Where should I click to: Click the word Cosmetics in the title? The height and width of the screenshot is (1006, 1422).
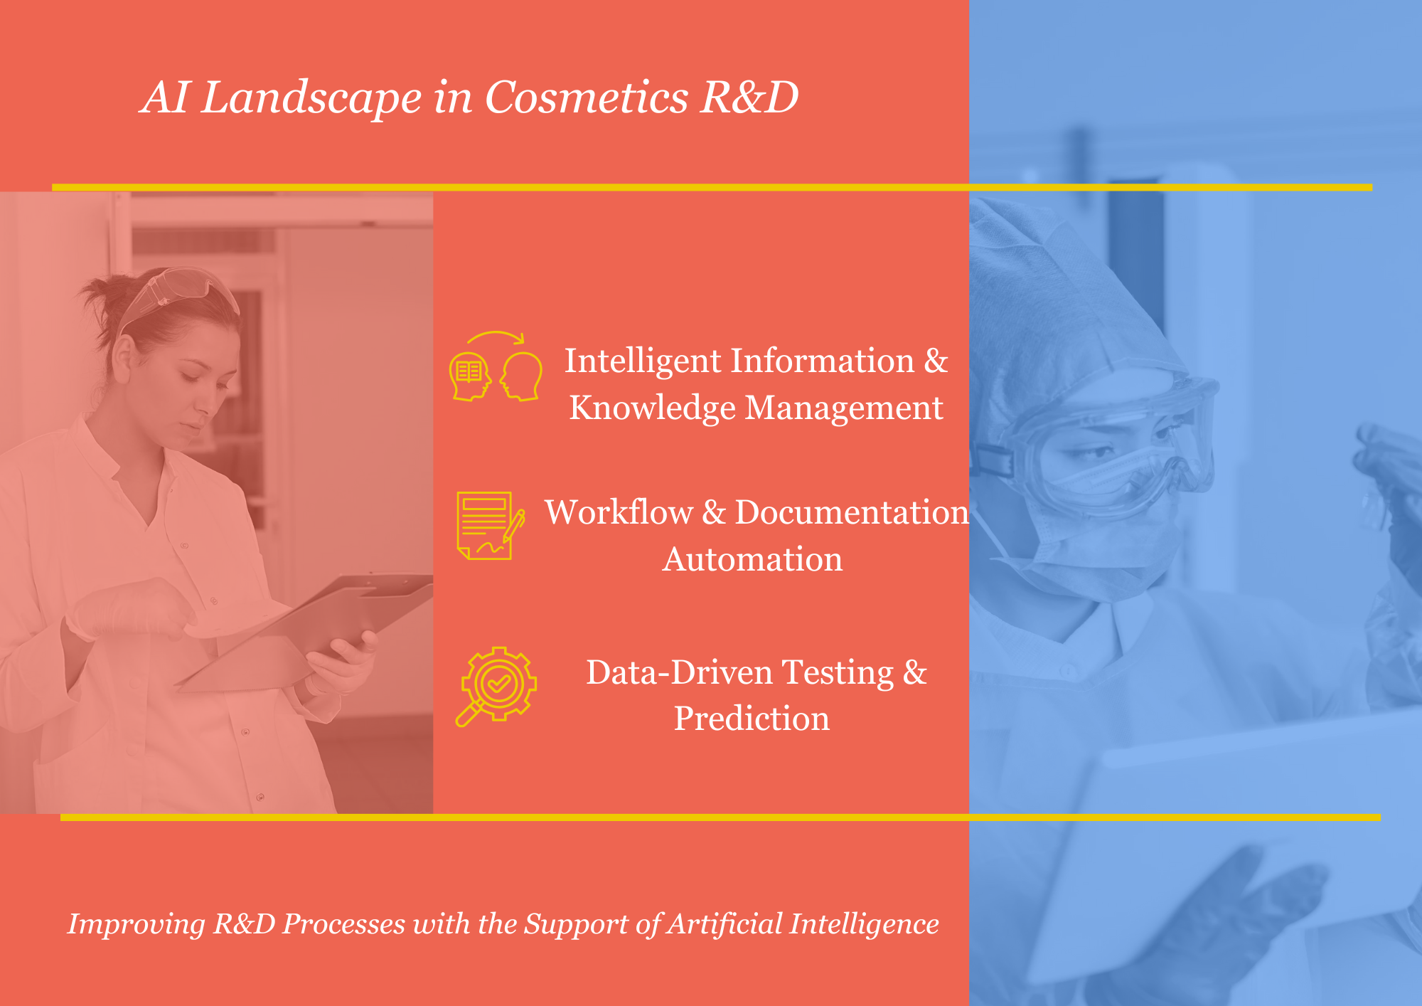pyautogui.click(x=587, y=97)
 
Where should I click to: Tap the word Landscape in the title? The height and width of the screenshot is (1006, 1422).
pyautogui.click(x=311, y=98)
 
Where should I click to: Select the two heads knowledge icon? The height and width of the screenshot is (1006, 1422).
pyautogui.click(x=496, y=366)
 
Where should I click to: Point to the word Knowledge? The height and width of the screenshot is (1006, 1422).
pyautogui.click(x=652, y=409)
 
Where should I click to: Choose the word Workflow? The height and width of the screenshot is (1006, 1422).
pyautogui.click(x=619, y=512)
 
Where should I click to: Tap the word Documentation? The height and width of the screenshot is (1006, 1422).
pyautogui.click(x=852, y=512)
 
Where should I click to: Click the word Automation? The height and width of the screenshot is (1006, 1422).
pyautogui.click(x=752, y=559)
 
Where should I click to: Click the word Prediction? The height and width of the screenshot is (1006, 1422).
pyautogui.click(x=752, y=718)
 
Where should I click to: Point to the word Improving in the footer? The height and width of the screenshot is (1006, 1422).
pyautogui.click(x=136, y=925)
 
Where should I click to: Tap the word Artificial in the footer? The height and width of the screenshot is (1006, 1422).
pyautogui.click(x=725, y=923)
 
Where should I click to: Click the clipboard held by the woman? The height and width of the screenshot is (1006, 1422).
pyautogui.click(x=306, y=630)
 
